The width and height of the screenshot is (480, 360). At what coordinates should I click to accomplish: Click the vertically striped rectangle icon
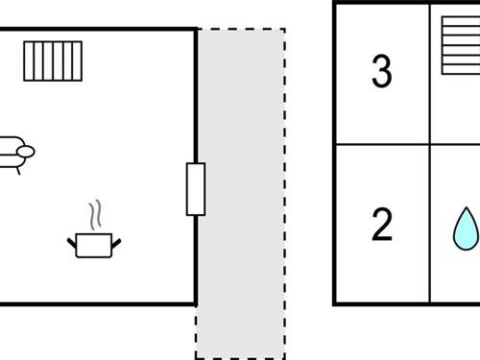click(53, 60)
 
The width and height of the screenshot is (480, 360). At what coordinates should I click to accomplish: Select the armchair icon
click(14, 152)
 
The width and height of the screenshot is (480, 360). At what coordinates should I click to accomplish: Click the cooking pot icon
click(94, 244)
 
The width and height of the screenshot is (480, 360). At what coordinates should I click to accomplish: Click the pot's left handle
click(72, 240)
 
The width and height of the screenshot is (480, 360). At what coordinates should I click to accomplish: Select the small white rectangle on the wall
click(196, 189)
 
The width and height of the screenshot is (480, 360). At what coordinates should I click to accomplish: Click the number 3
click(381, 73)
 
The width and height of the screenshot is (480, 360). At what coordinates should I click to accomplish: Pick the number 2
click(381, 225)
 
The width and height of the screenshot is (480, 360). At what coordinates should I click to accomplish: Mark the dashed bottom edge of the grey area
click(240, 358)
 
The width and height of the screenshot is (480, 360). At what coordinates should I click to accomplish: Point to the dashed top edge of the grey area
click(240, 29)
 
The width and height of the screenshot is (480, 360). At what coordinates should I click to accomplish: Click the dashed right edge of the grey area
click(284, 192)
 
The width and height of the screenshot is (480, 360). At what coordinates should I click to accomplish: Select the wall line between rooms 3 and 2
click(382, 145)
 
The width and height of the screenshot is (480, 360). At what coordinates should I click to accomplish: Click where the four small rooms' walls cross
click(430, 145)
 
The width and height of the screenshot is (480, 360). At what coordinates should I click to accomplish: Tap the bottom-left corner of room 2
click(335, 303)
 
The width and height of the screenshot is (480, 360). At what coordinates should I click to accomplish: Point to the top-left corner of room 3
click(335, 3)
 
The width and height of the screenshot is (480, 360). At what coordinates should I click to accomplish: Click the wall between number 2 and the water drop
click(430, 225)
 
